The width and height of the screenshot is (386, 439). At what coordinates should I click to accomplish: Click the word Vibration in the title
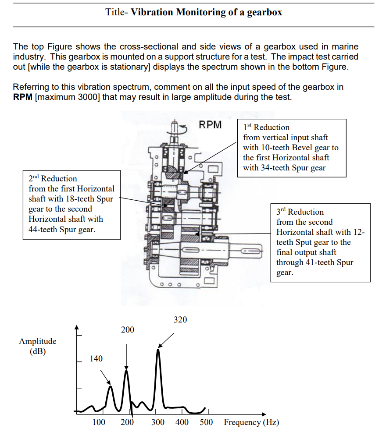coord(152,12)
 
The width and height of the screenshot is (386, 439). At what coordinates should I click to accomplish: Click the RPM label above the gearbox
coord(210,125)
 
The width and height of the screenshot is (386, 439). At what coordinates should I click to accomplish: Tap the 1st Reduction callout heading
coord(266,127)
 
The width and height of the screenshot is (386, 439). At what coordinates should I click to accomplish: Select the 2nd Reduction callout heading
coord(53,179)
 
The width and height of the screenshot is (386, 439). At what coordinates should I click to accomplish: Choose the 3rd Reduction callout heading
coord(300,212)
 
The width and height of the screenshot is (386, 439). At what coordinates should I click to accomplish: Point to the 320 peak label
coord(180,320)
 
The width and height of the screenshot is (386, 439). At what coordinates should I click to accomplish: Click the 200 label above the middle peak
coord(128,330)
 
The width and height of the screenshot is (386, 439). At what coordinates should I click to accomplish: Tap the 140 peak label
coord(96,359)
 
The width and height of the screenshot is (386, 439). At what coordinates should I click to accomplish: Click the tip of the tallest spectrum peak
coord(158,350)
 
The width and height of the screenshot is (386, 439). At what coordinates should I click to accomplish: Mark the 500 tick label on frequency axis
coord(206,422)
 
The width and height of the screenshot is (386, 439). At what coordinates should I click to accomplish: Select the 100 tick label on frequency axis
coord(99,422)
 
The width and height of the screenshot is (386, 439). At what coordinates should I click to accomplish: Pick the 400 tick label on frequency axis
coord(182,422)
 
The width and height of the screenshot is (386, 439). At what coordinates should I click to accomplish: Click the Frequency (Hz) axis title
coord(251,422)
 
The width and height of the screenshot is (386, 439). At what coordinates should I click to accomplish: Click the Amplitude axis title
coord(37,341)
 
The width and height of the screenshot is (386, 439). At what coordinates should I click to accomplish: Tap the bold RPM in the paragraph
coord(22,97)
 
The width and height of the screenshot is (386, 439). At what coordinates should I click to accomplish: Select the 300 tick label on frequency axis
coord(158,422)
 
